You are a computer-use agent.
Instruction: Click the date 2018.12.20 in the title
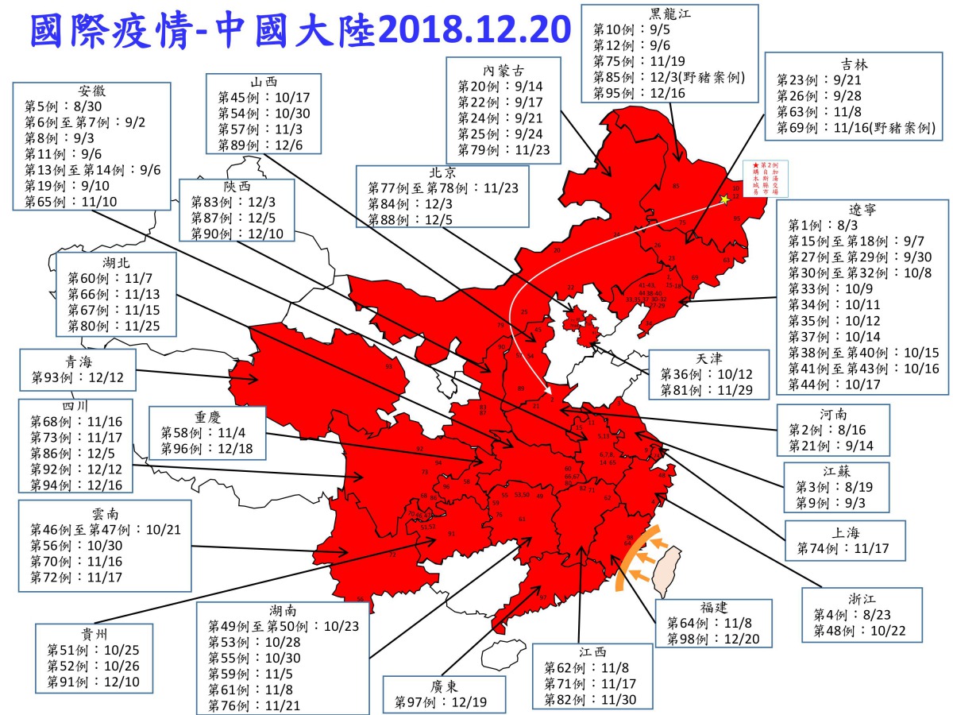click(474, 29)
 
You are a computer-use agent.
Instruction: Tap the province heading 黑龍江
click(669, 13)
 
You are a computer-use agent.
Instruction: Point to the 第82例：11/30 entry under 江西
click(592, 699)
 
